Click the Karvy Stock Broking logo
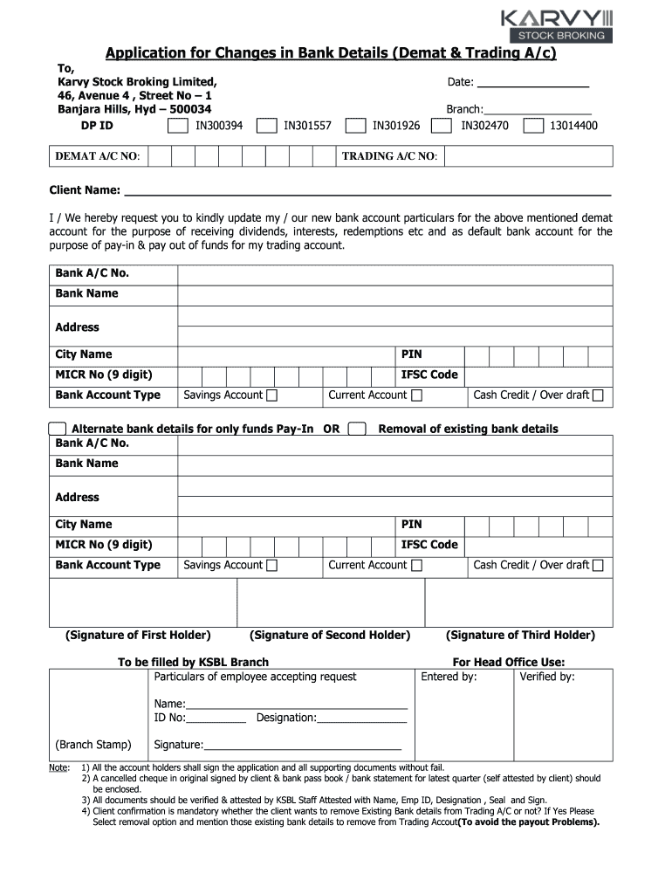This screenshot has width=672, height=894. coord(556,24)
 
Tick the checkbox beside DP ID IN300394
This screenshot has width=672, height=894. coord(177,126)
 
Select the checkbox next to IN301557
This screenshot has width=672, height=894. coord(266,126)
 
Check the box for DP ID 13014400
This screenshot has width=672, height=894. coord(532,126)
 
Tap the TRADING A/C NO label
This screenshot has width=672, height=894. coord(389,156)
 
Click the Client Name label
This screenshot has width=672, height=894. coord(85,190)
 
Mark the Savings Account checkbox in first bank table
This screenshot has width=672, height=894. coord(272,395)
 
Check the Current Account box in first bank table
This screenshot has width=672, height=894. coord(416,395)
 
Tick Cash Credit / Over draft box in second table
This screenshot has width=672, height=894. coord(598,566)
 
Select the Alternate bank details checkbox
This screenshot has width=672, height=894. coord(58,429)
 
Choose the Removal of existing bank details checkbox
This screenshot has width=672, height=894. coord(356,429)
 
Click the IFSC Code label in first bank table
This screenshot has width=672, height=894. coord(429,375)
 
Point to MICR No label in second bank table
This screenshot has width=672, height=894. coord(103,545)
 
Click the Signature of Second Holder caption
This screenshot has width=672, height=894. coord(329,635)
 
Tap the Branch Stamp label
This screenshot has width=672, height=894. coord(93,745)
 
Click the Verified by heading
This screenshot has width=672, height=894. coord(547,677)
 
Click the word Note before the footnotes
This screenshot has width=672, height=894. coord(58,767)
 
